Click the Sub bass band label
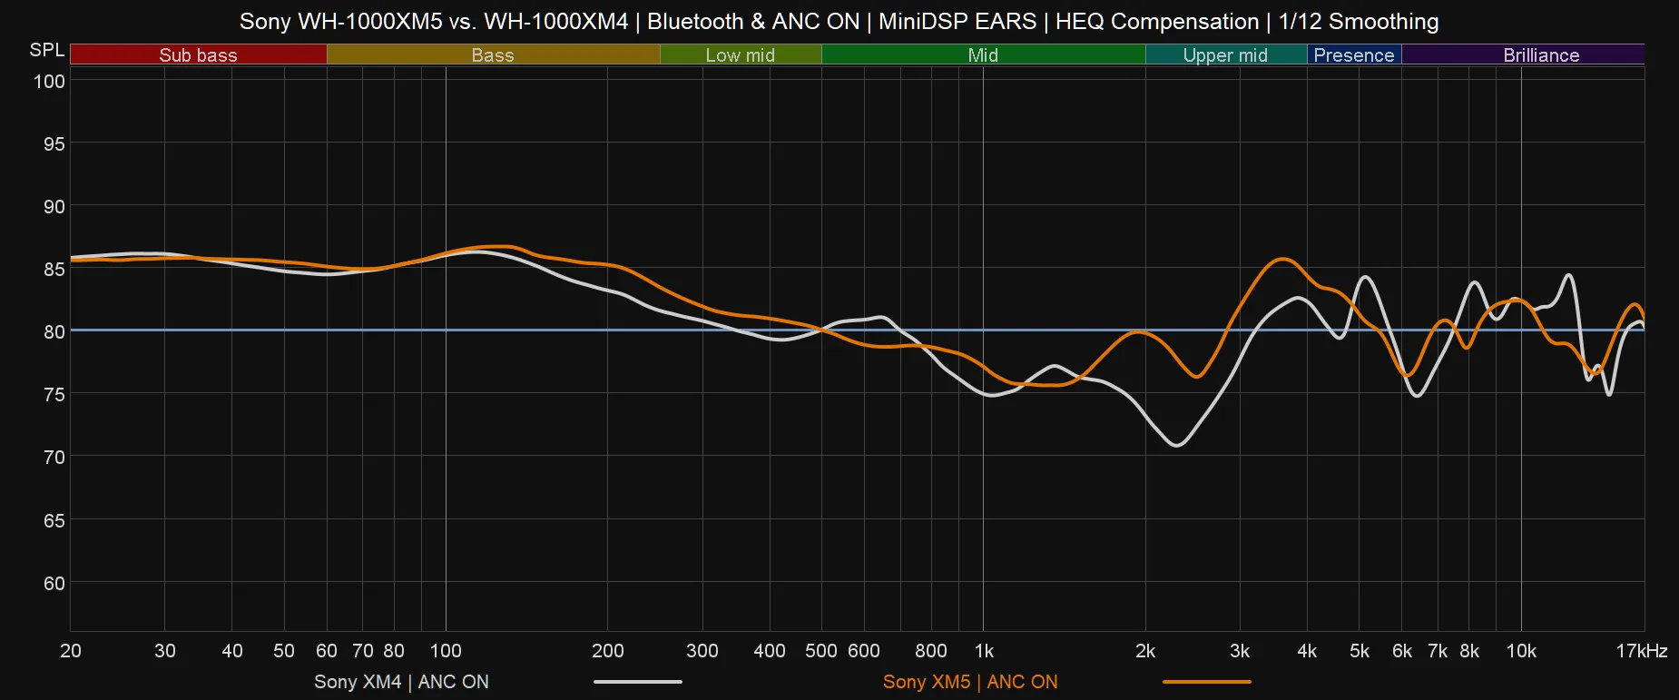click(x=198, y=55)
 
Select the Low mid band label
click(x=740, y=55)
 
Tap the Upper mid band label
click(x=1224, y=55)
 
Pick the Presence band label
click(x=1353, y=55)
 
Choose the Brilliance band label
click(x=1540, y=55)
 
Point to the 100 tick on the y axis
click(x=49, y=82)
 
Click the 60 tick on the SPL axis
click(x=54, y=584)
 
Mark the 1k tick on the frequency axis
click(x=984, y=651)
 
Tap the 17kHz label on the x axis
click(x=1641, y=651)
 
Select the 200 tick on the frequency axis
click(x=607, y=651)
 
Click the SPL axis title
click(x=46, y=50)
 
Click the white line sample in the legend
click(x=637, y=682)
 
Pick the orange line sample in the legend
click(x=1206, y=682)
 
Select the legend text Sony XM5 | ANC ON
click(x=969, y=682)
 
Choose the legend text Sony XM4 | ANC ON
click(x=401, y=682)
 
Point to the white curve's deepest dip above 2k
click(x=1177, y=445)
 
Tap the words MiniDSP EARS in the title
click(x=957, y=21)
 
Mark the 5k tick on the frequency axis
click(x=1359, y=651)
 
